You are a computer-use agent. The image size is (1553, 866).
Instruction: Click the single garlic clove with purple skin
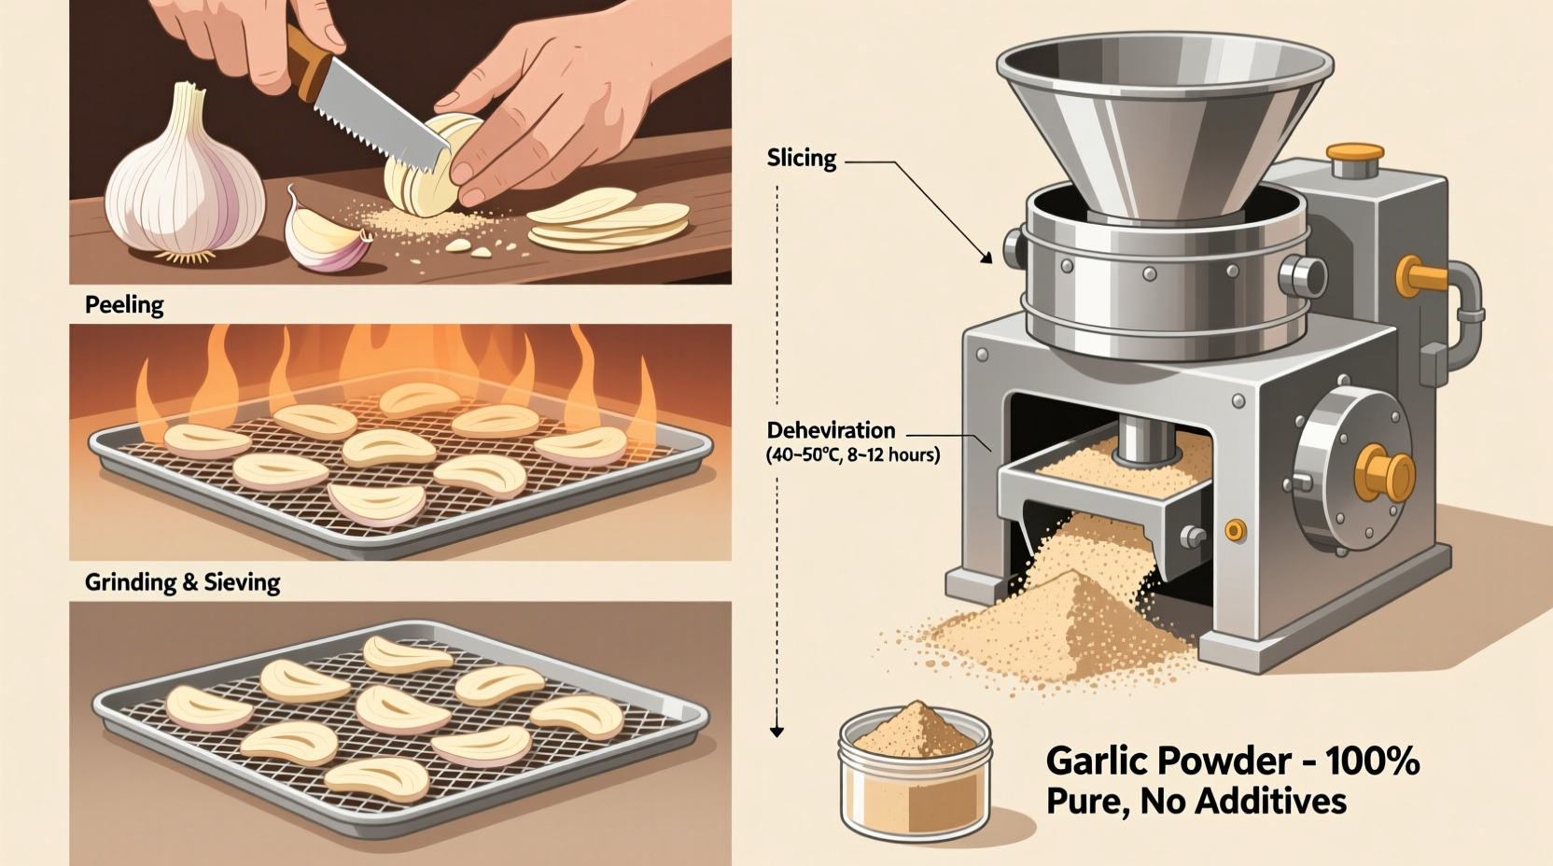pos(323,233)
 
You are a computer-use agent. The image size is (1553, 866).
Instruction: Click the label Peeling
pos(124,305)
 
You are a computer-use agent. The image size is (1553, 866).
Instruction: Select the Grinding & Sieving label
pos(182,582)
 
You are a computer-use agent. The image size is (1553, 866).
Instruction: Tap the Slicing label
pos(801,158)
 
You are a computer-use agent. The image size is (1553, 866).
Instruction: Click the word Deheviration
pos(831,430)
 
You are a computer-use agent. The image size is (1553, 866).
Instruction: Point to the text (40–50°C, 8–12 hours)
pos(853,455)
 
